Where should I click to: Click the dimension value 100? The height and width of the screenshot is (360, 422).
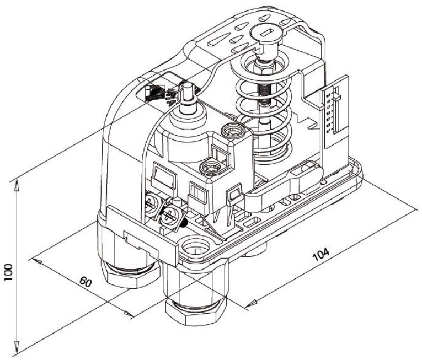8,272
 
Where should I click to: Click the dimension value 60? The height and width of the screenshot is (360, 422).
86,282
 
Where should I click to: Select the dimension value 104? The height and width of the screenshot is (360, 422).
321,254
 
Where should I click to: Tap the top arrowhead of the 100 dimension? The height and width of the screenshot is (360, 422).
17,186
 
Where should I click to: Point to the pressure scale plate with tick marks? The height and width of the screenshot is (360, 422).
333,110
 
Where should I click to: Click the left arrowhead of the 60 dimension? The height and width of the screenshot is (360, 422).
37,261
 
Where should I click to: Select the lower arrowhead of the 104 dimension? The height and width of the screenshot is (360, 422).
251,304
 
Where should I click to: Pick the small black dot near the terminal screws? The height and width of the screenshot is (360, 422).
184,223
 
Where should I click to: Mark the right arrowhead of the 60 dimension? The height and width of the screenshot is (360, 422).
128,313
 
